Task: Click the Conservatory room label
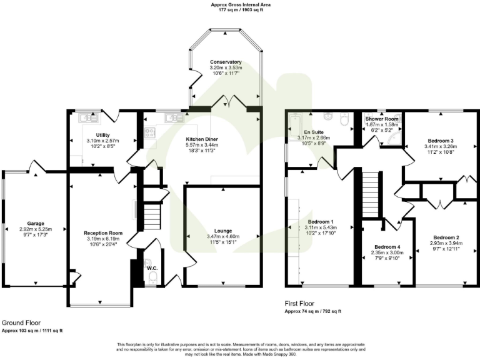coord(226,62)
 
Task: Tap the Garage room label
coord(35,223)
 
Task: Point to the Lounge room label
coord(223,231)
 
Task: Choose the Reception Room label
coord(103,233)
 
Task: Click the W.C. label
coord(152,269)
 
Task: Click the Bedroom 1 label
coord(323,221)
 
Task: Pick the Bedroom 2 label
coord(446,237)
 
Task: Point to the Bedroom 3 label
coord(441,141)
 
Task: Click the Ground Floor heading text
coord(21,322)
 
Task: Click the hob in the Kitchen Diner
coord(150,132)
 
